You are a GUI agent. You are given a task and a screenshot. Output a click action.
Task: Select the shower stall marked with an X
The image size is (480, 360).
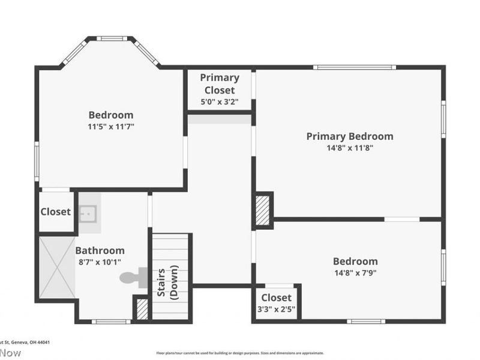(x=57, y=267)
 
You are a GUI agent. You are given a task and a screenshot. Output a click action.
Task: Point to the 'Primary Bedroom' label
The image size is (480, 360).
(x=350, y=136)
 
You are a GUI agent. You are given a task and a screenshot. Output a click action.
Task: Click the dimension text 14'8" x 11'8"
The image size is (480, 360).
(x=350, y=148)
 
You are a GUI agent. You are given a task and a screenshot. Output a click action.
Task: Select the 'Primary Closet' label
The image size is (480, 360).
(x=220, y=84)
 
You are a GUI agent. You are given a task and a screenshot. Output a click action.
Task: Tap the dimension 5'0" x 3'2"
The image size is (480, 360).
(x=220, y=101)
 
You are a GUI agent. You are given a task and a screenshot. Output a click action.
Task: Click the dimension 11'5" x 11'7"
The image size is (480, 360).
(x=111, y=127)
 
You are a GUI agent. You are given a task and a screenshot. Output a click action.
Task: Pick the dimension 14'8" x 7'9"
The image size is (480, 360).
(x=355, y=272)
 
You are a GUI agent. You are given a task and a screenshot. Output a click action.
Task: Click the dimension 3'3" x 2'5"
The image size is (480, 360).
(x=276, y=309)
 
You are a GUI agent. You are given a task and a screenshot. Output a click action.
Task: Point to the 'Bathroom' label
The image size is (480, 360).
(x=100, y=251)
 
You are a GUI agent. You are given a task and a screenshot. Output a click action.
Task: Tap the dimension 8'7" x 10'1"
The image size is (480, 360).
(x=100, y=262)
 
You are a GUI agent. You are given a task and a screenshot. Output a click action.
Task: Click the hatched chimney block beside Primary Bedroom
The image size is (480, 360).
(x=263, y=211)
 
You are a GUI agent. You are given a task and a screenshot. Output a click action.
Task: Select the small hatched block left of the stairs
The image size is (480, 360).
(x=142, y=308)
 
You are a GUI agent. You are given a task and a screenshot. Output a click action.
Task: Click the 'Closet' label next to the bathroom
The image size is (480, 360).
(x=55, y=212)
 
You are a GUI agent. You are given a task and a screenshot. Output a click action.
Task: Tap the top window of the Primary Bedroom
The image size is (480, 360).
(x=354, y=67)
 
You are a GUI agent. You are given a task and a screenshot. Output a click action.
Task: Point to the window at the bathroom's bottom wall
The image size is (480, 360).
(x=111, y=322)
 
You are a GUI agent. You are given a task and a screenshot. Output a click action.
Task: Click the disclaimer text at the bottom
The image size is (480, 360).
(x=240, y=353)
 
